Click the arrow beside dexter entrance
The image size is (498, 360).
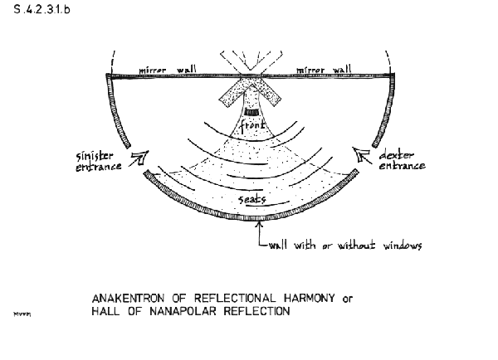tap(359, 153)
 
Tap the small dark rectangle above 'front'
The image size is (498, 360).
tap(251, 112)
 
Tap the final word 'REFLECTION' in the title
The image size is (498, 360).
tap(249, 312)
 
